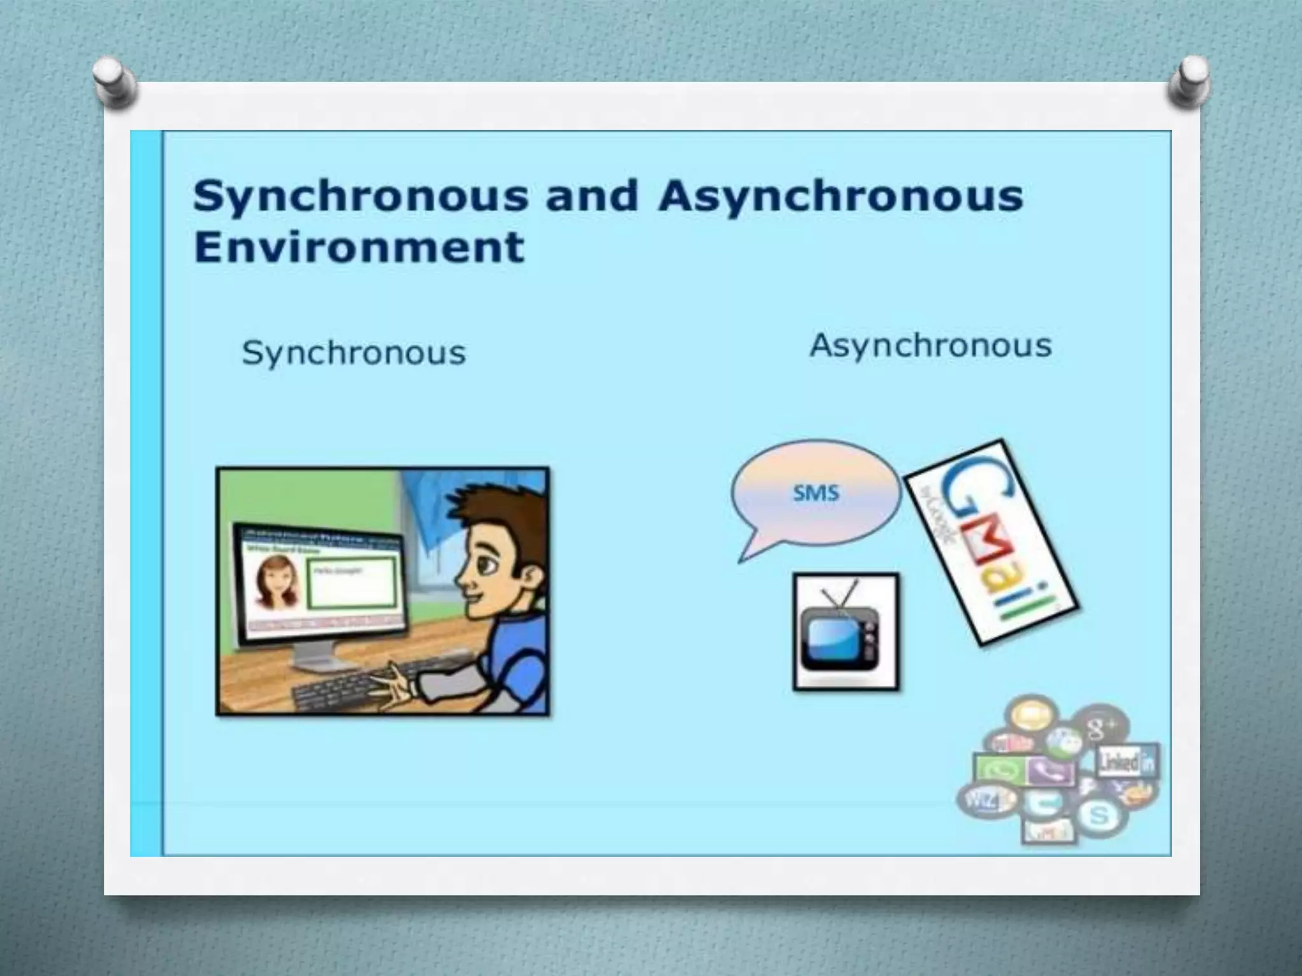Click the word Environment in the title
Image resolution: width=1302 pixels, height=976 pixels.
pos(359,247)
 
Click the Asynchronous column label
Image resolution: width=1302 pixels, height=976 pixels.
pos(931,347)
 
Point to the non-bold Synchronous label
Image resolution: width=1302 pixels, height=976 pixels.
pos(354,353)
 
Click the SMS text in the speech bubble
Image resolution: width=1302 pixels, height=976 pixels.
pos(816,492)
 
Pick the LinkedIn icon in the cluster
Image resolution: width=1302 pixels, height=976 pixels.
pos(1127,762)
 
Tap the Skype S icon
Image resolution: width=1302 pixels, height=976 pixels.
pos(1099,815)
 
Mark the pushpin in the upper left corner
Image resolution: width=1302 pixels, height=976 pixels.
pos(114,83)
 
